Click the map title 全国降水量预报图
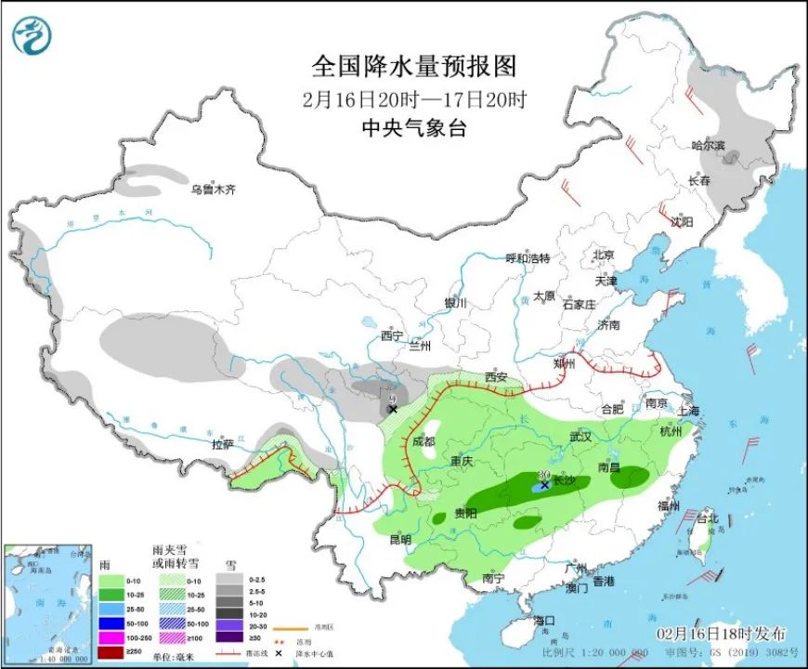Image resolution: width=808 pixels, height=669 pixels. pyautogui.click(x=413, y=67)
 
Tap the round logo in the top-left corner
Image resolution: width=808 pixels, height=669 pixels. pyautogui.click(x=32, y=34)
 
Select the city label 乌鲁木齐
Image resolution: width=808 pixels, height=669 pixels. pyautogui.click(x=214, y=190)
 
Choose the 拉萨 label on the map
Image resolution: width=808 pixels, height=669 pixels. pyautogui.click(x=223, y=445)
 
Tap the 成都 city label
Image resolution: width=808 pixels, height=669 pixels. pyautogui.click(x=424, y=442)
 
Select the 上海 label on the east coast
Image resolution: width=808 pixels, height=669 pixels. pyautogui.click(x=688, y=411)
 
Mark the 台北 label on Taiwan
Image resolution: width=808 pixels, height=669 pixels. pyautogui.click(x=708, y=519)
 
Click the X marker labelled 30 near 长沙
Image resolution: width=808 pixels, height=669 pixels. pyautogui.click(x=544, y=485)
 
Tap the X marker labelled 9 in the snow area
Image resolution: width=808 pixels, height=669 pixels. pyautogui.click(x=393, y=409)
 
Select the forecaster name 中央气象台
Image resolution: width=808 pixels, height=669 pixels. pyautogui.click(x=413, y=128)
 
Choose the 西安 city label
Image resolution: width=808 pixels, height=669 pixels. pyautogui.click(x=495, y=377)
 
